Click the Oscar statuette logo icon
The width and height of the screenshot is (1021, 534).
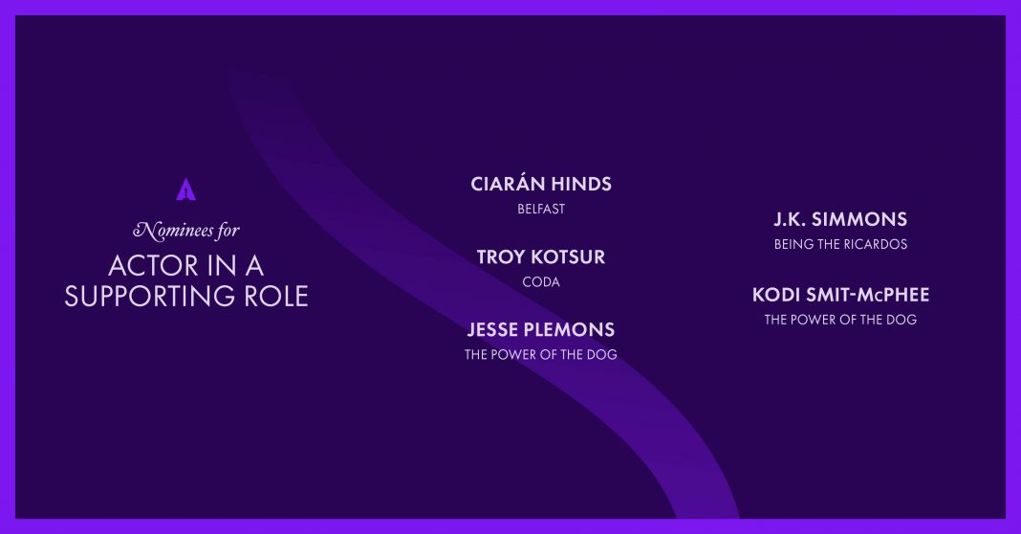point(186,189)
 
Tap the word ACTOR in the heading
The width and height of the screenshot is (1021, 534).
point(153,266)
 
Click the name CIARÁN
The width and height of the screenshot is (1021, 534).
point(507,184)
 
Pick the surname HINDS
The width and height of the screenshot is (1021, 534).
point(581,185)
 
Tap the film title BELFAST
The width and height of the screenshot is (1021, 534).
point(541,210)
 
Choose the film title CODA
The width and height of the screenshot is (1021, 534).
point(541,282)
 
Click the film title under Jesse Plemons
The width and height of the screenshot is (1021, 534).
point(541,355)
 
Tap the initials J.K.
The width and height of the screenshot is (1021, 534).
point(789,220)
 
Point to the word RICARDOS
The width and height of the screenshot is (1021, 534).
point(875,244)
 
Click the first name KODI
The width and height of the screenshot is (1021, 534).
point(775,296)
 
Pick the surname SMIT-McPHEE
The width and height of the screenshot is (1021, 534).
point(868,296)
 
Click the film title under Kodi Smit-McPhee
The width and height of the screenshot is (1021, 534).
point(840,321)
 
